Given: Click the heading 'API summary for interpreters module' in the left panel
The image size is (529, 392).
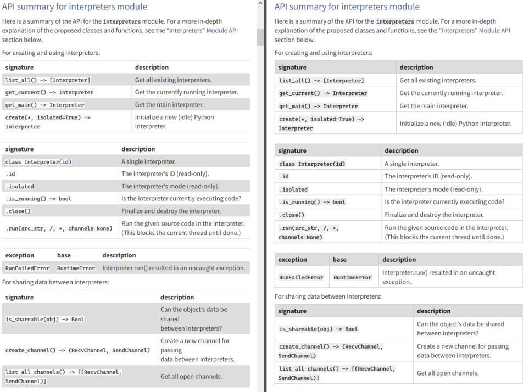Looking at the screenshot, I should tap(74, 7).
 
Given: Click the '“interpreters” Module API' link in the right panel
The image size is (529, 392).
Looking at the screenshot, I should tap(475, 30).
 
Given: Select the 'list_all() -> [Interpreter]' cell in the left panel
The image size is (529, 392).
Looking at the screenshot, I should tap(48, 80).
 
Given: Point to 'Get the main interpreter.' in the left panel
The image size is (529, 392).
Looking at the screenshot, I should tap(169, 105).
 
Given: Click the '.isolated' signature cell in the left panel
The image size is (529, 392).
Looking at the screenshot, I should tap(20, 187).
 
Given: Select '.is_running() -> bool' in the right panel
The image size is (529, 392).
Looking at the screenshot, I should tap(312, 202).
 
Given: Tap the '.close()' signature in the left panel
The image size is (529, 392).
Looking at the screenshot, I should tap(18, 211).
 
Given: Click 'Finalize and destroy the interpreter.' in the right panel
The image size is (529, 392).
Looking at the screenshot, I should tap(434, 215).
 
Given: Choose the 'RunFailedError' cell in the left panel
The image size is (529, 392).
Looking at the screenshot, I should tap(27, 268).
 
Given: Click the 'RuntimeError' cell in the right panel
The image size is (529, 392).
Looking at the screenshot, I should tap(353, 278).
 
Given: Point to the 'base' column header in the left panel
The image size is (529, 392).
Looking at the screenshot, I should tap(64, 255).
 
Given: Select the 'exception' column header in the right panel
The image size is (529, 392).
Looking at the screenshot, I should tap(293, 260).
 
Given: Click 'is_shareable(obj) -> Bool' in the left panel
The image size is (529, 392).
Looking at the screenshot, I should tap(44, 320).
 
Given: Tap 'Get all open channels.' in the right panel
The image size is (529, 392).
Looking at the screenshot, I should tap(448, 373).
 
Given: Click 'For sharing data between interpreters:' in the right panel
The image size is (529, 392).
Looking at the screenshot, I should tap(328, 296).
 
